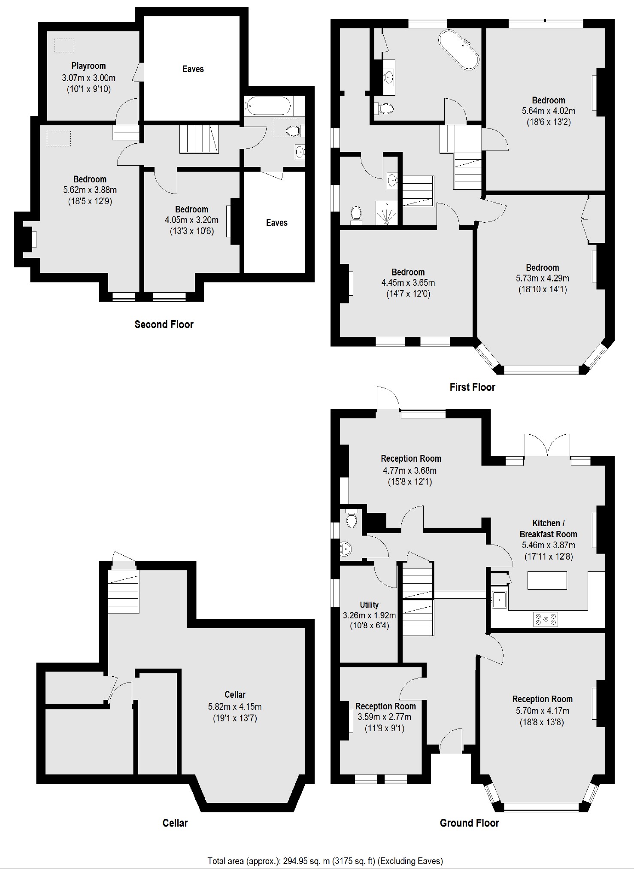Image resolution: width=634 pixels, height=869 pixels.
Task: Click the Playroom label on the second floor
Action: tap(88, 66)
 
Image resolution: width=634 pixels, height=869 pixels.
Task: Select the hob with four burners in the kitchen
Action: tap(546, 619)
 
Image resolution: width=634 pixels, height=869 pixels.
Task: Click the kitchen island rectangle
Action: tap(547, 580)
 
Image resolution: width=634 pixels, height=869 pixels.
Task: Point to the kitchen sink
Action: tap(500, 600)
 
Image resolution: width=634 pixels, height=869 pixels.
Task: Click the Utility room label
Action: tap(369, 605)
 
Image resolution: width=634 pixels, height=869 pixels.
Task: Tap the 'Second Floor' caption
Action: tap(164, 324)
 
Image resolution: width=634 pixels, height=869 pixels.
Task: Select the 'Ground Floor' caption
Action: tap(469, 823)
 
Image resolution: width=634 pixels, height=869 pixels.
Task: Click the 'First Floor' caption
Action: tap(472, 387)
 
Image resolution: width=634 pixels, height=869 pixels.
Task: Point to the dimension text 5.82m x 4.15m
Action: tap(235, 706)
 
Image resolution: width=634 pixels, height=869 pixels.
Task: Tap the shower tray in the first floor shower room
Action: tap(386, 212)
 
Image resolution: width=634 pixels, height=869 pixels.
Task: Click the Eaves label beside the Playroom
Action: tap(193, 69)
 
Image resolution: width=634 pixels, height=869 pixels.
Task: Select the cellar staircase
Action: tap(123, 591)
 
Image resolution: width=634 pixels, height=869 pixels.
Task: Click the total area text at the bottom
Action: tap(325, 861)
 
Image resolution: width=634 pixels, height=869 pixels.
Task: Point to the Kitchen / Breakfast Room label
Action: tap(548, 529)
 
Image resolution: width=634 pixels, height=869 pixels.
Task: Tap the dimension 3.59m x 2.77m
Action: tap(384, 717)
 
